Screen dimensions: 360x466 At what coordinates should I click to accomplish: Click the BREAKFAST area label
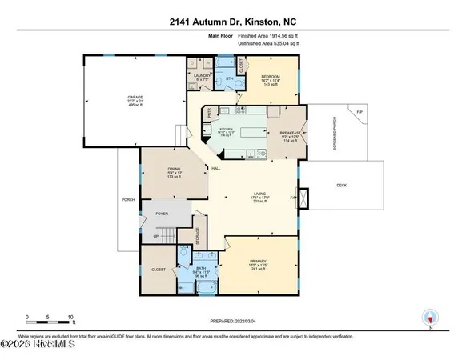289,133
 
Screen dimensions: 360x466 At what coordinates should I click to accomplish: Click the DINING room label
174,169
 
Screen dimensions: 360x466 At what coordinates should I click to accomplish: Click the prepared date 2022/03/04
232,321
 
